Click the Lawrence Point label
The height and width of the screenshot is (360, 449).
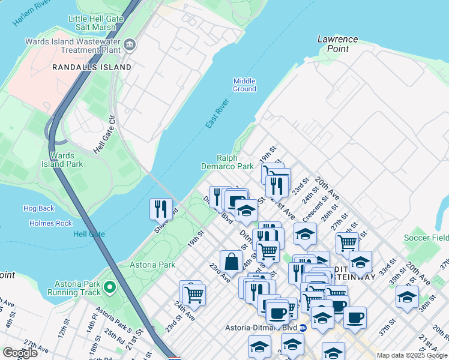tap(337, 44)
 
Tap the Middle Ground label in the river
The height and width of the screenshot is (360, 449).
tap(244, 85)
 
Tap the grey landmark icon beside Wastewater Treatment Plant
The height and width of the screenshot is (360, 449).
tap(130, 46)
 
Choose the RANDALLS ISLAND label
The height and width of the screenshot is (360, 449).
tap(91, 67)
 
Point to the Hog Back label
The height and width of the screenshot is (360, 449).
tap(38, 208)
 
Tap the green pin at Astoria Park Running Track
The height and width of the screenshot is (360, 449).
tap(109, 288)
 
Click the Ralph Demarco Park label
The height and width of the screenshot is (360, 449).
tap(227, 162)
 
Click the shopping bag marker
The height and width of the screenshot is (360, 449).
tap(231, 262)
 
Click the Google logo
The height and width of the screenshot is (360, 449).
tap(20, 353)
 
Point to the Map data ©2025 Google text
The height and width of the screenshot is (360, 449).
tap(411, 355)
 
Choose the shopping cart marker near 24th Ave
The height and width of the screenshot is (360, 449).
tap(194, 294)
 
